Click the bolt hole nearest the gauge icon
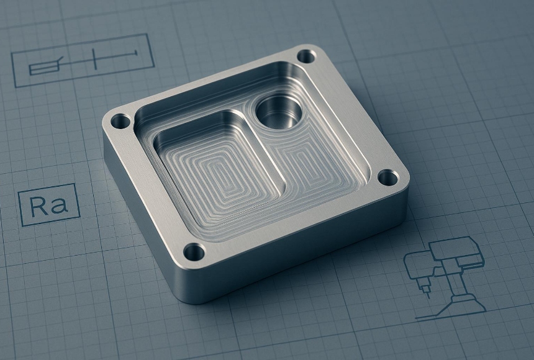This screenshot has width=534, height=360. (x=120, y=121)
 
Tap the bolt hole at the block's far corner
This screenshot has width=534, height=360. (x=305, y=56)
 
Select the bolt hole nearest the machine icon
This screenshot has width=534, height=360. (x=387, y=178)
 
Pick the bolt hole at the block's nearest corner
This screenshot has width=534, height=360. (x=194, y=251)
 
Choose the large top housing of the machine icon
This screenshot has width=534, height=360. (x=457, y=251)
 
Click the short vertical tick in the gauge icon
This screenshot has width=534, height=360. (x=94, y=59)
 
